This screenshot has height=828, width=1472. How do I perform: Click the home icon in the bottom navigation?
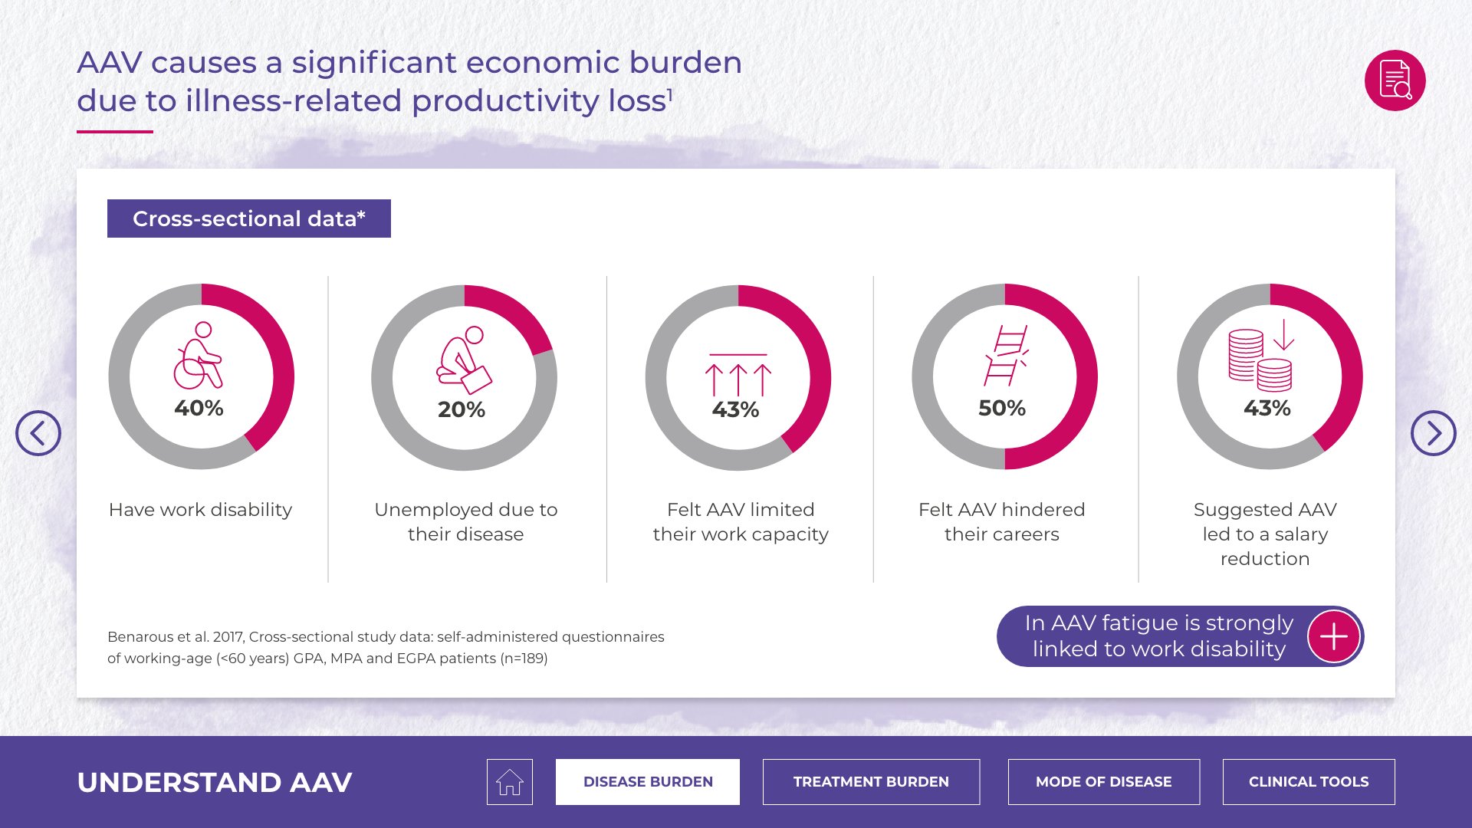click(x=509, y=782)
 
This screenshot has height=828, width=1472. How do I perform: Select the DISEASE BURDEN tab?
click(x=648, y=782)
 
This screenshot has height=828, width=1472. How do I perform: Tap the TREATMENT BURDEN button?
click(x=871, y=782)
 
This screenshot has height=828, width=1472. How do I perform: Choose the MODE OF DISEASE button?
click(x=1103, y=782)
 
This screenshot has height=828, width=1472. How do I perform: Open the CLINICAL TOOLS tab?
click(x=1309, y=782)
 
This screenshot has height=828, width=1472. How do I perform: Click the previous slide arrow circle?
click(x=38, y=433)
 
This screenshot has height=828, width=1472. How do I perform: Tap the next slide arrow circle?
click(x=1433, y=433)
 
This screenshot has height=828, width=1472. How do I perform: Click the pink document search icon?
click(x=1395, y=80)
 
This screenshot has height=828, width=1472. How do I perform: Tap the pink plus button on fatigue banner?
click(x=1333, y=636)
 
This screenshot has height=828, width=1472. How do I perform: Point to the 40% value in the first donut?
click(x=199, y=408)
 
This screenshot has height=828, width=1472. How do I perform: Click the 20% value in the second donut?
click(x=462, y=409)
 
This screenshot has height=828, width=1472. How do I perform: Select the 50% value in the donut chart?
click(x=1002, y=408)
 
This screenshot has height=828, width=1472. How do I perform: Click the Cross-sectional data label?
click(x=249, y=219)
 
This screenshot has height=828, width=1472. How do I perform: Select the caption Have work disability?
click(x=201, y=510)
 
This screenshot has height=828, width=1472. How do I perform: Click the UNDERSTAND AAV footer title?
click(x=215, y=782)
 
